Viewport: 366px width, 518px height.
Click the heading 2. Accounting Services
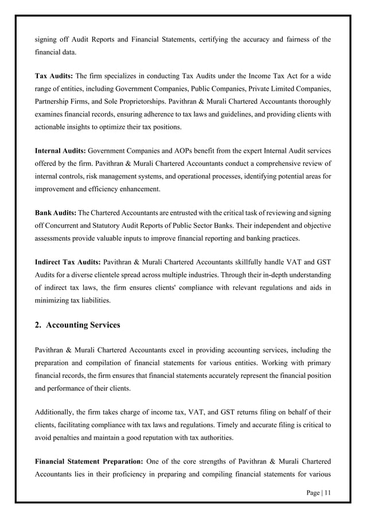77,325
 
